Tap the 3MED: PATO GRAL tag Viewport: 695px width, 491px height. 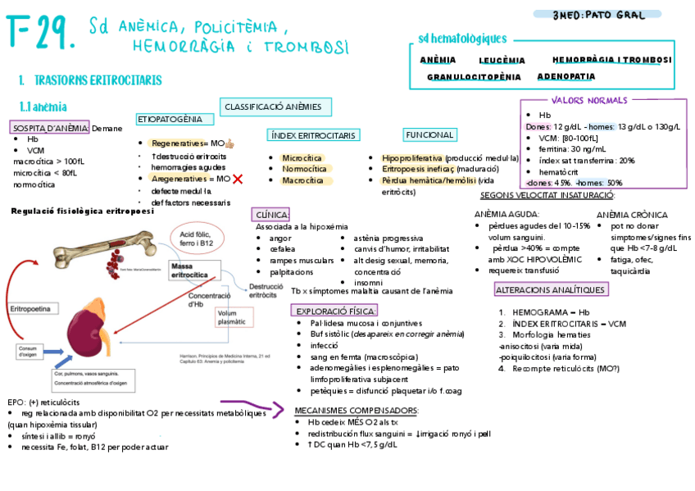600,15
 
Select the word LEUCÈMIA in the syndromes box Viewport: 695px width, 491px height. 502,60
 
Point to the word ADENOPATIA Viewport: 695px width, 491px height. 566,76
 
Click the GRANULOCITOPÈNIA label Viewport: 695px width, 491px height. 474,77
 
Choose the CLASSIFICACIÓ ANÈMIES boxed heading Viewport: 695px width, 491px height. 275,107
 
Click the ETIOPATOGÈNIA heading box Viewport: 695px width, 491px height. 170,120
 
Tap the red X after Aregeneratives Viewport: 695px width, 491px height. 238,179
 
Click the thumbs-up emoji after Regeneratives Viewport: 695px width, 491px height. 230,143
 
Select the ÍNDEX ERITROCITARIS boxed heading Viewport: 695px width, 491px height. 314,134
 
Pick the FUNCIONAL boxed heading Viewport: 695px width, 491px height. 429,134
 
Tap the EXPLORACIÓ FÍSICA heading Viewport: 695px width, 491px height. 334,311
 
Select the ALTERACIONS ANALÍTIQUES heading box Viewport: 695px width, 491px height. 551,289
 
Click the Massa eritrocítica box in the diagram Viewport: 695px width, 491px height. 189,271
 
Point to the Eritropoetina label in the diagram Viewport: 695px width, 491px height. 30,309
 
